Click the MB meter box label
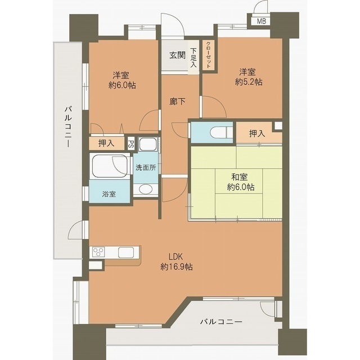pyautogui.click(x=261, y=21)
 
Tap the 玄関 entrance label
pyautogui.click(x=177, y=55)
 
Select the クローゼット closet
pyautogui.click(x=209, y=55)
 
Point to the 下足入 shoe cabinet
pyautogui.click(x=193, y=57)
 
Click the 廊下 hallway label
pyautogui.click(x=177, y=101)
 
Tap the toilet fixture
pyautogui.click(x=219, y=132)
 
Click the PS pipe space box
pyautogui.click(x=130, y=144)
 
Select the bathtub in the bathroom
pyautogui.click(x=110, y=166)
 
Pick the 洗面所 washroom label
pyautogui.click(x=146, y=168)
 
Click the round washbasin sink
pyautogui.click(x=146, y=190)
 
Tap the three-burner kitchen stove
pyautogui.click(x=98, y=252)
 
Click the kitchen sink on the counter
pyautogui.click(x=126, y=253)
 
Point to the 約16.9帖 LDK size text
pyautogui.click(x=177, y=267)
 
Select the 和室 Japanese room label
pyautogui.click(x=240, y=177)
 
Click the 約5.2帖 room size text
pyautogui.click(x=249, y=82)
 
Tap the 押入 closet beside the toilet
pyautogui.click(x=257, y=133)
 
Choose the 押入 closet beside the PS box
pyautogui.click(x=106, y=143)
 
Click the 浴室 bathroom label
pyautogui.click(x=109, y=194)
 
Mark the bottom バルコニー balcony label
pyautogui.click(x=221, y=321)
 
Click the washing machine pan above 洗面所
pyautogui.click(x=148, y=145)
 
